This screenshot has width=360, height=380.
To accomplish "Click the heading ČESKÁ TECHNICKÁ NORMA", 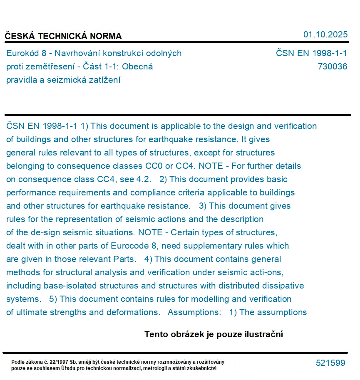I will pos(63,36).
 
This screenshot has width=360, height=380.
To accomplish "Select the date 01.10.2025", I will pos(325,35).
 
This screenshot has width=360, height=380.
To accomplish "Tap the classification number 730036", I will pos(332,67).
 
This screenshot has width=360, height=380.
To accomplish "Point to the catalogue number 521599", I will pos(330,363).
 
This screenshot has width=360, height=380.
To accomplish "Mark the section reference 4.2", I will pos(144,179).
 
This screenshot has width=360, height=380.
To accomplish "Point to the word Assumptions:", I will pos(194,312).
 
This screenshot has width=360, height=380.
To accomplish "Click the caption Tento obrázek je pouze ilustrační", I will pos(214,334).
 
